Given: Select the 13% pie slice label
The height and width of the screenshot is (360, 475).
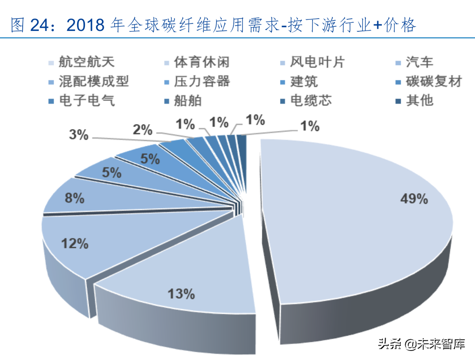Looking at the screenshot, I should coord(181,294).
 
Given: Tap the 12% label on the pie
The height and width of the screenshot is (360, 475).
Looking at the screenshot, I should coord(75,243).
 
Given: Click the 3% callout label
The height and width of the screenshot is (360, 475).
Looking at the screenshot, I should coord(78,135).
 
